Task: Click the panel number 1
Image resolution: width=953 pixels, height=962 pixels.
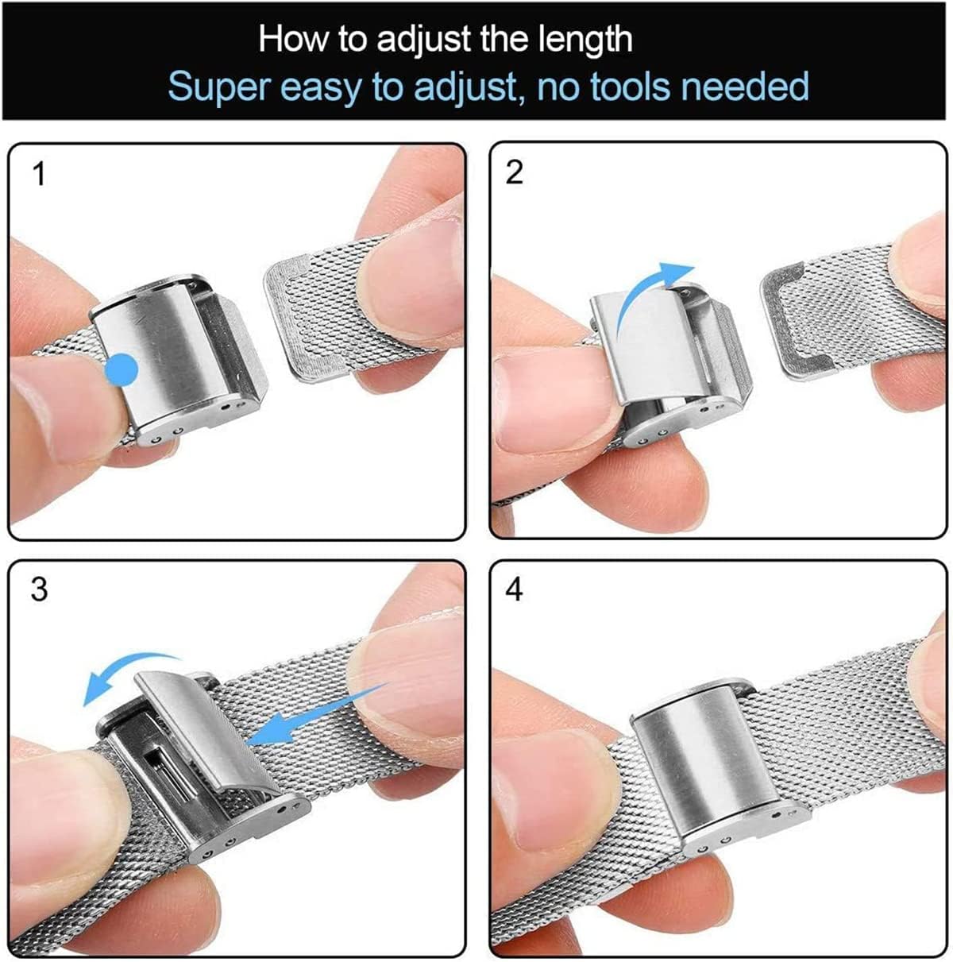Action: [x=38, y=173]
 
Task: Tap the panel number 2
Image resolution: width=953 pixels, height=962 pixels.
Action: [x=515, y=172]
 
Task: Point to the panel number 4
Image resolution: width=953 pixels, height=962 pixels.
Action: [x=515, y=589]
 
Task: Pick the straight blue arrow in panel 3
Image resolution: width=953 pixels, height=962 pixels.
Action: [x=318, y=715]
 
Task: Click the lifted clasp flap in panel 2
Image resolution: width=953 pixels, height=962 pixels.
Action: [x=643, y=350]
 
